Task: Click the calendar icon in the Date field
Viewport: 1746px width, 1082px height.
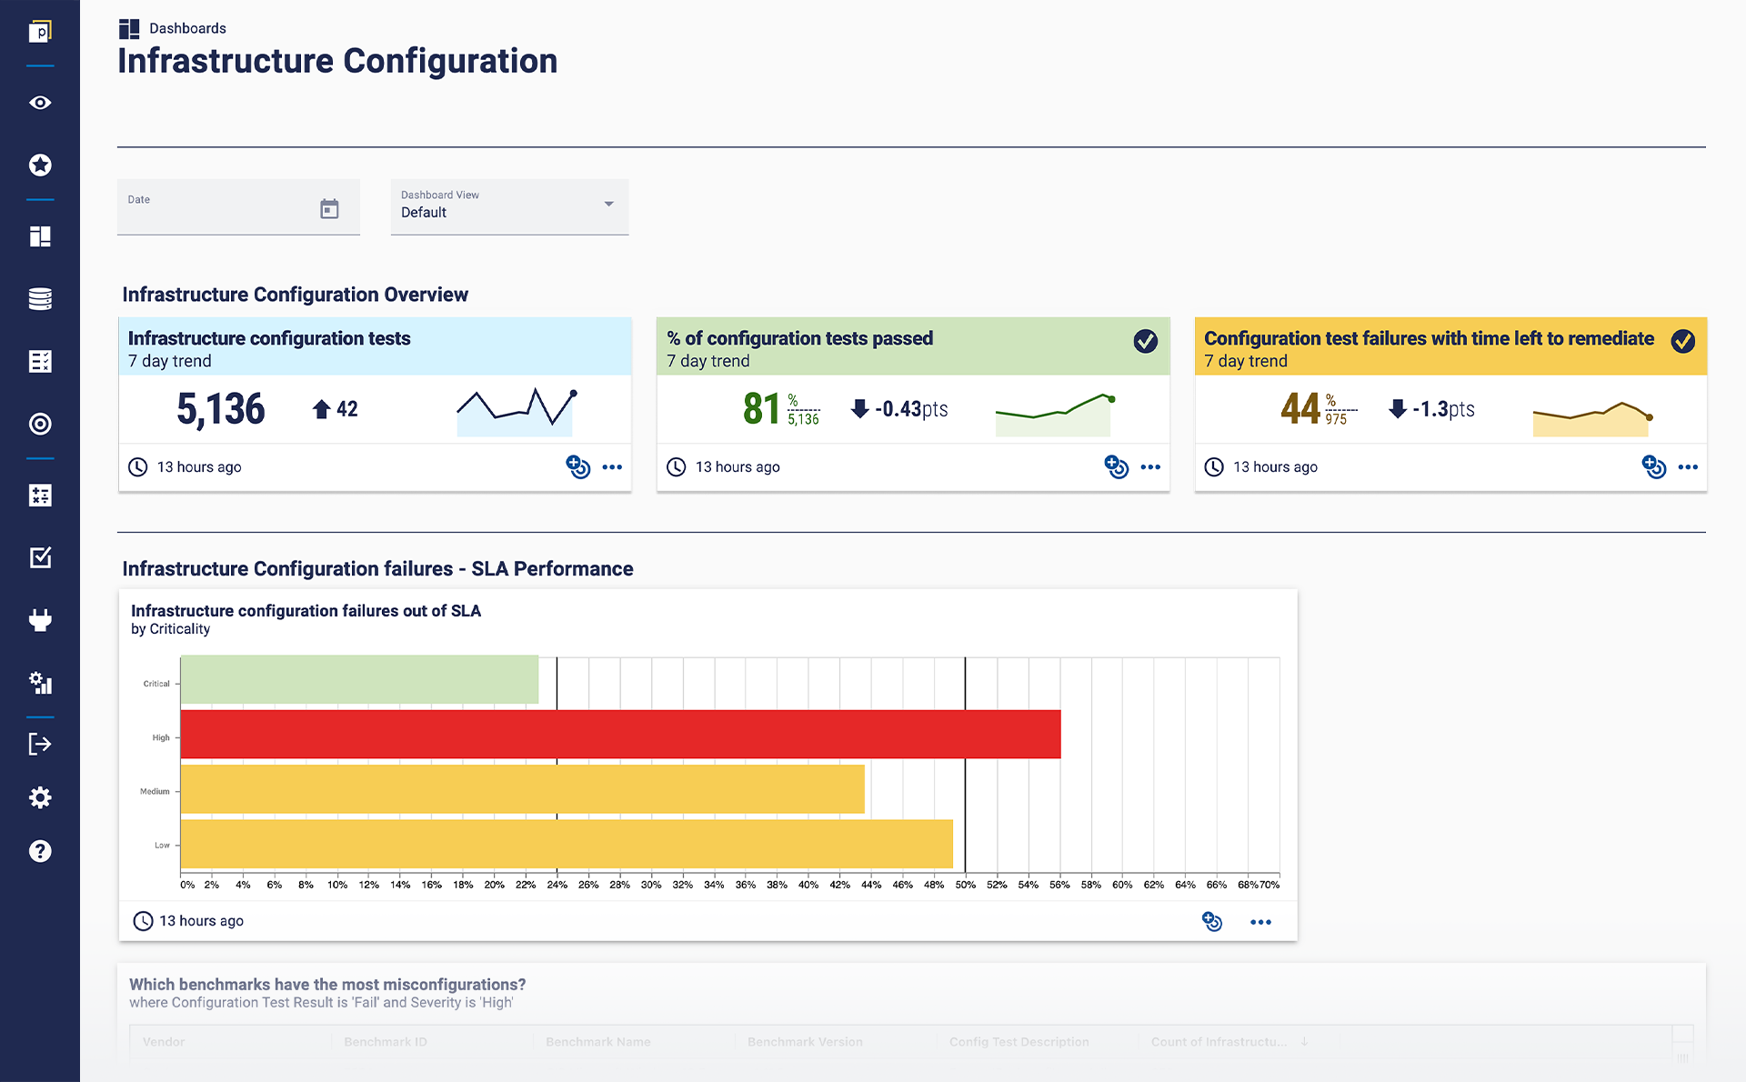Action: click(329, 209)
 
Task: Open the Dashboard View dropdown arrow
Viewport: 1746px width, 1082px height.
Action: click(608, 204)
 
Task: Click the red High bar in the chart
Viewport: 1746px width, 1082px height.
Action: click(620, 734)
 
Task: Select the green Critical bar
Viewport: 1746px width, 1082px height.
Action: click(359, 679)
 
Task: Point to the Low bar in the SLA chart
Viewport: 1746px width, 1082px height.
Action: click(566, 844)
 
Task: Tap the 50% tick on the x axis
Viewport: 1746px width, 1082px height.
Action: click(965, 885)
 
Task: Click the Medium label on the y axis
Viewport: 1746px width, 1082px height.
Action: click(155, 791)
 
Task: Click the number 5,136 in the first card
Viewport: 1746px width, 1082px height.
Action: click(221, 409)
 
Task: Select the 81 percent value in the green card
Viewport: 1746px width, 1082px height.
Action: click(761, 409)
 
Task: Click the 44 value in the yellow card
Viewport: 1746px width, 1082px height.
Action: click(1299, 409)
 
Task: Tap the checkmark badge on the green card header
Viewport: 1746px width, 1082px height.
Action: click(1145, 341)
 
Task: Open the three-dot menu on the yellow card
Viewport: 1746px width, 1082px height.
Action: click(1688, 467)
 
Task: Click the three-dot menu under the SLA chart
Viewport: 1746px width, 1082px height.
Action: click(1260, 922)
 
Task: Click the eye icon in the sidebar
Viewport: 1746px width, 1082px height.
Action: click(40, 103)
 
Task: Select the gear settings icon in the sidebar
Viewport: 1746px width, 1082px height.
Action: click(40, 797)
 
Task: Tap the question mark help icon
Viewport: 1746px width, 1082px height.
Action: click(40, 851)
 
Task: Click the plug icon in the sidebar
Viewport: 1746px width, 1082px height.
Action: click(40, 620)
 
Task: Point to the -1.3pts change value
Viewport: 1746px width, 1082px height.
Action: click(1442, 409)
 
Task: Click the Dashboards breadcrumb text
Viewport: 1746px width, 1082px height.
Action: click(187, 28)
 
